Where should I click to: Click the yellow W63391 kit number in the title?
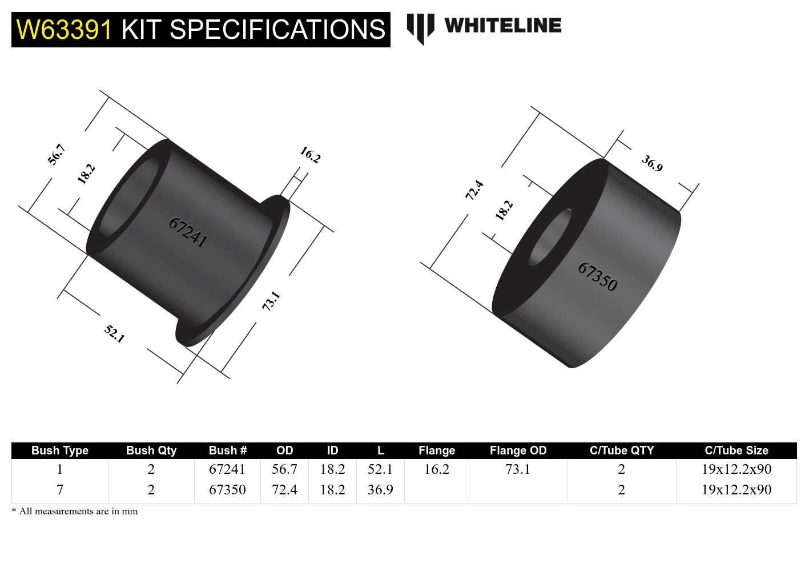point(65,30)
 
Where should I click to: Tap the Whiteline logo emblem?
point(420,28)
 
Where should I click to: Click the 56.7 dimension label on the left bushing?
point(57,155)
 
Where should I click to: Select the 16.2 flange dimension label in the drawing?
point(311,155)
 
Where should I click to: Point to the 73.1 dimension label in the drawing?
point(271,301)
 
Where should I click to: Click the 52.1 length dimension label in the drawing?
point(114,333)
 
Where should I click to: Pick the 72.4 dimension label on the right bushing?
point(474,190)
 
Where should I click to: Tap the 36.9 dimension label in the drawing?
point(652,163)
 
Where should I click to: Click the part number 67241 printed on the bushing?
point(187,232)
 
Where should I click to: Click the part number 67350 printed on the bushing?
point(597,276)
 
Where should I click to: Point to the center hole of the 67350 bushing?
point(550,237)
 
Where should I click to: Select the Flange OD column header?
point(518,450)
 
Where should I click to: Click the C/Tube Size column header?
point(736,450)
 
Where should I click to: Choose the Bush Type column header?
point(60,450)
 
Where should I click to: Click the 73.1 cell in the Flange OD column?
point(518,469)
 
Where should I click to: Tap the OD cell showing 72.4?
point(284,490)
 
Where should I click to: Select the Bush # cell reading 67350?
point(227,490)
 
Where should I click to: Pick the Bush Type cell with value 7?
point(60,490)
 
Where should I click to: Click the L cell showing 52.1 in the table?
point(380,469)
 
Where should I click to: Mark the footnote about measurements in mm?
point(75,511)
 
